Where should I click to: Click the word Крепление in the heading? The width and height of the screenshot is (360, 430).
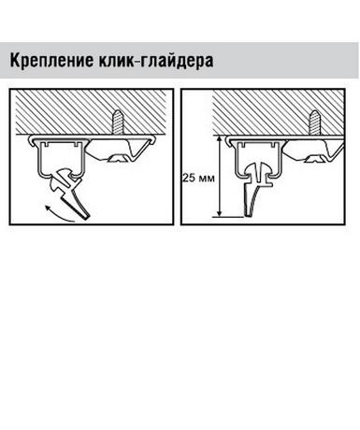pyautogui.click(x=51, y=61)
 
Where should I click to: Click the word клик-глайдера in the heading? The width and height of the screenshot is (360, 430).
pyautogui.click(x=156, y=61)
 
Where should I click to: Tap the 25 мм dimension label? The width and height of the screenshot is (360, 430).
pyautogui.click(x=199, y=179)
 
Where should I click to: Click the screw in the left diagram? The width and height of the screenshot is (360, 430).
pyautogui.click(x=119, y=122)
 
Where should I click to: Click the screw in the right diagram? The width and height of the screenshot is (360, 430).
pyautogui.click(x=314, y=122)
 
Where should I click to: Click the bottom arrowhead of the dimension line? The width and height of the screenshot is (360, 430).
pyautogui.click(x=220, y=213)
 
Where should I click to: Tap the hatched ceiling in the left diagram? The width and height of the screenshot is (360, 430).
pyautogui.click(x=92, y=112)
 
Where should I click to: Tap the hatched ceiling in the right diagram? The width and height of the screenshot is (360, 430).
pyautogui.click(x=279, y=112)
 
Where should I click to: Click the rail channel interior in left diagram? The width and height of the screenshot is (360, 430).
pyautogui.click(x=62, y=160)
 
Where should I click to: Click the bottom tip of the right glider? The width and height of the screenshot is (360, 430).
pyautogui.click(x=250, y=215)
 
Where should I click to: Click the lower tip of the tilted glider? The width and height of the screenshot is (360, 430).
pyautogui.click(x=86, y=217)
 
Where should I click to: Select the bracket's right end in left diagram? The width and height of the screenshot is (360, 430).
pyautogui.click(x=152, y=140)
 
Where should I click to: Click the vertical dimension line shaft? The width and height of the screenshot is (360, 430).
pyautogui.click(x=220, y=177)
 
